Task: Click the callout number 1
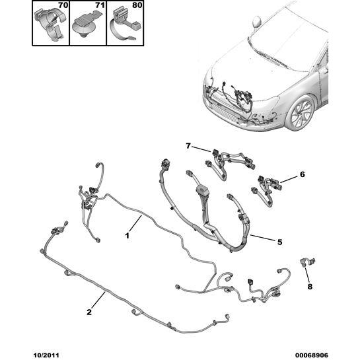(127, 236)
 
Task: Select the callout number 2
(89, 312)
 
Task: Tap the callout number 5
(279, 242)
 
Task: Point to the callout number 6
(303, 174)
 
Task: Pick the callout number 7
(188, 146)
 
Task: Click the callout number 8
(310, 287)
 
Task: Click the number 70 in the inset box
(63, 5)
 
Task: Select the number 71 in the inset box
(100, 5)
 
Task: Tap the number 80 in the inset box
(137, 5)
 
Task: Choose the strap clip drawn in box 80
(124, 25)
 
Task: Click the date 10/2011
(46, 355)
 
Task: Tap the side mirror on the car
(257, 22)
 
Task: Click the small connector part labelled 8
(308, 262)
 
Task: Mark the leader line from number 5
(262, 238)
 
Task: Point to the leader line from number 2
(98, 300)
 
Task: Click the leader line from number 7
(201, 149)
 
